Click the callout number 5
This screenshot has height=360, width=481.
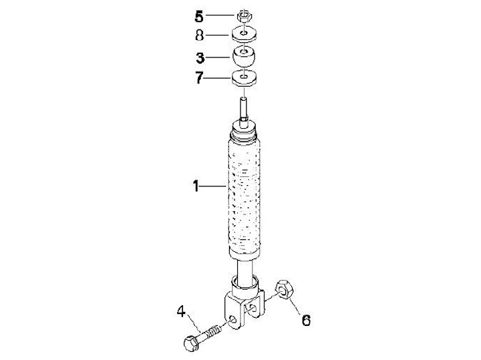(x=199, y=17)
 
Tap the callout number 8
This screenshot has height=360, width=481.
(x=199, y=35)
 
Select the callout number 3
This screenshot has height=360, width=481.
(x=200, y=58)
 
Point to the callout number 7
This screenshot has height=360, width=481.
(x=199, y=78)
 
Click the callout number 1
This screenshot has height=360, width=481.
(x=196, y=186)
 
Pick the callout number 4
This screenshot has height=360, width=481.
(x=181, y=312)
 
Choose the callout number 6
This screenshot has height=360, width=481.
(x=306, y=321)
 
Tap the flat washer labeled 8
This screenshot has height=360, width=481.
(x=244, y=34)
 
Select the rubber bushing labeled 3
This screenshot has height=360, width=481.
(x=244, y=56)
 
